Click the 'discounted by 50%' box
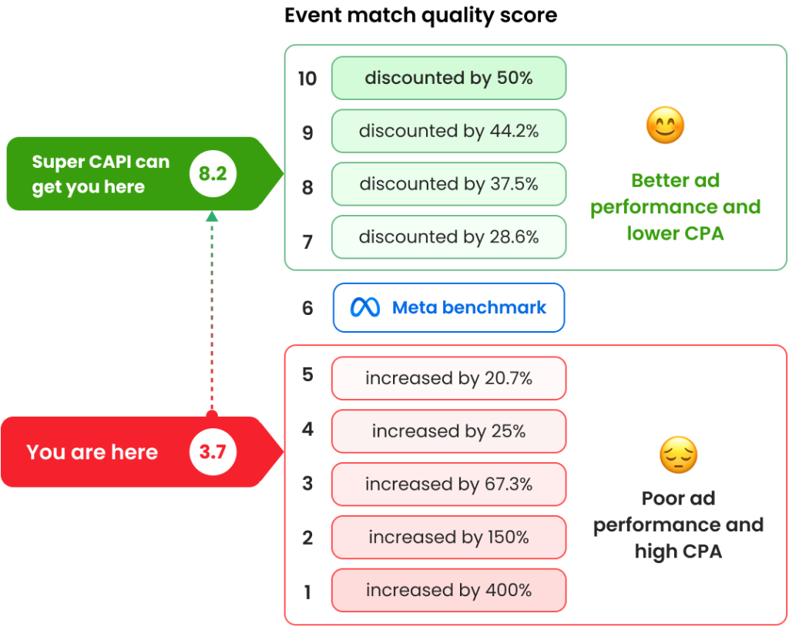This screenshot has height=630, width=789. [x=448, y=78]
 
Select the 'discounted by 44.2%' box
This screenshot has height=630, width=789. [x=448, y=131]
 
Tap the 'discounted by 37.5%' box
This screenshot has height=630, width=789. [x=448, y=184]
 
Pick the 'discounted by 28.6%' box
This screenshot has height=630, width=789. [x=448, y=237]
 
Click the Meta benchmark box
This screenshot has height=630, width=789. [x=448, y=307]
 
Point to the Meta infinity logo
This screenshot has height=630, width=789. [x=365, y=308]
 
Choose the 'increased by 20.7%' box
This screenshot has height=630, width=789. [x=448, y=378]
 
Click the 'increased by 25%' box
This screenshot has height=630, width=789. [x=448, y=431]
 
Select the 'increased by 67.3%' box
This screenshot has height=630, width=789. [x=448, y=484]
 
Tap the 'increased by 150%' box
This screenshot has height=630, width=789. [x=448, y=537]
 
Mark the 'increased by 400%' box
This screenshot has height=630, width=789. [x=448, y=590]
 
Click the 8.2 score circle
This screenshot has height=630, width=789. [x=212, y=174]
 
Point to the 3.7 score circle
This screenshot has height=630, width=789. [x=212, y=452]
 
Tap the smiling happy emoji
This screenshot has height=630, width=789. [x=664, y=126]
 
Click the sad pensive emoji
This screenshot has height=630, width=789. [x=678, y=455]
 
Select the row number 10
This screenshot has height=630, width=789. [x=307, y=79]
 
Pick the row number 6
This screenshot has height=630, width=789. [x=307, y=308]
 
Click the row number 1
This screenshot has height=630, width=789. [x=307, y=591]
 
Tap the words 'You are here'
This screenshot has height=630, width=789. [x=92, y=452]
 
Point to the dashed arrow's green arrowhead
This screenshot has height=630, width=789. [x=212, y=217]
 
